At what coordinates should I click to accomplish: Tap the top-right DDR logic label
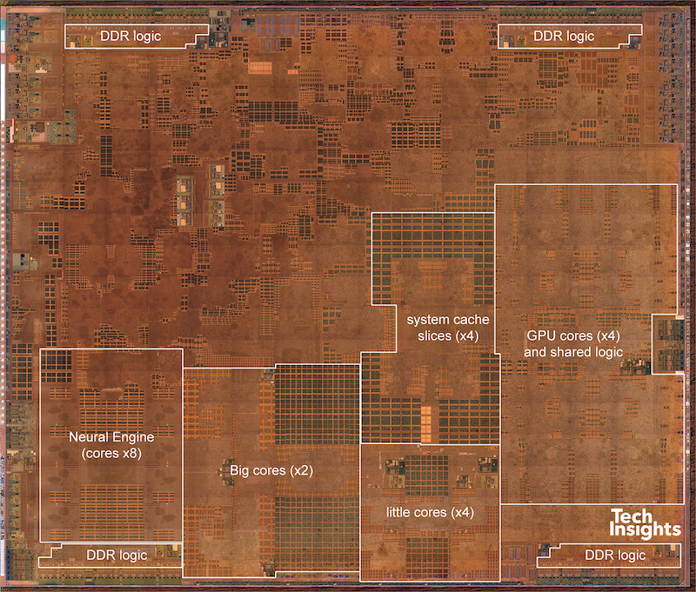(563, 36)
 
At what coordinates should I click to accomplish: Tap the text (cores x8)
(110, 453)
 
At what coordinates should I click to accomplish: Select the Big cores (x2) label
(271, 470)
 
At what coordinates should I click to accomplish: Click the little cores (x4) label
(430, 512)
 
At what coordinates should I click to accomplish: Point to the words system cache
(442, 320)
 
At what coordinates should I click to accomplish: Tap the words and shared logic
(574, 350)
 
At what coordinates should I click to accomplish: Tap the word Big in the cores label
(241, 470)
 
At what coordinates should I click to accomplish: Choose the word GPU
(543, 335)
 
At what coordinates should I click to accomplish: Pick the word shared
(573, 350)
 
